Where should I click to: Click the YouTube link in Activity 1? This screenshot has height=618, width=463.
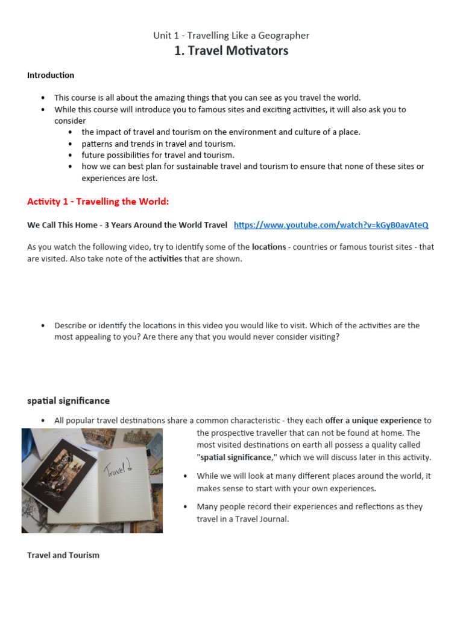pos(331,225)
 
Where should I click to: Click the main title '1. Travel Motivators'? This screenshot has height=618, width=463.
pos(231,51)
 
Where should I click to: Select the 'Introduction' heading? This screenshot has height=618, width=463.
pos(51,75)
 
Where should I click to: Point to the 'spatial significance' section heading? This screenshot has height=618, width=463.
pos(68,401)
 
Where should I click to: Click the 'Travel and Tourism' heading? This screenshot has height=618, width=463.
pos(63,555)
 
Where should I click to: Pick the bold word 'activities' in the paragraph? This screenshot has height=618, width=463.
pos(165,259)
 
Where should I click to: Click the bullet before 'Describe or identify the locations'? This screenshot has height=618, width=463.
pos(43,326)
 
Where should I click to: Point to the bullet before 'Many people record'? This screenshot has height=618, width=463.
pos(186,507)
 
